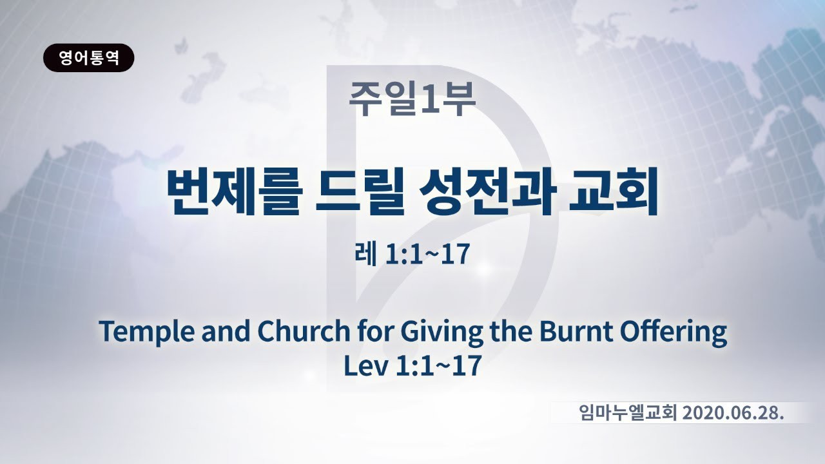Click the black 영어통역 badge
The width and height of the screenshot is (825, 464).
point(89,58)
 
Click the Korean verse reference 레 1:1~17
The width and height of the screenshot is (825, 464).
point(412,254)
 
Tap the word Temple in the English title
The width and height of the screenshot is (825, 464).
point(146,332)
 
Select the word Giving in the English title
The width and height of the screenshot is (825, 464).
point(442,332)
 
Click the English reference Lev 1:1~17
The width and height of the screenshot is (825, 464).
point(412,365)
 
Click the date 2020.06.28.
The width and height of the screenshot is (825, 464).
point(733,413)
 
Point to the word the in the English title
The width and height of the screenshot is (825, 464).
point(511,331)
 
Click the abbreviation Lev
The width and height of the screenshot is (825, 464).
point(365,365)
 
